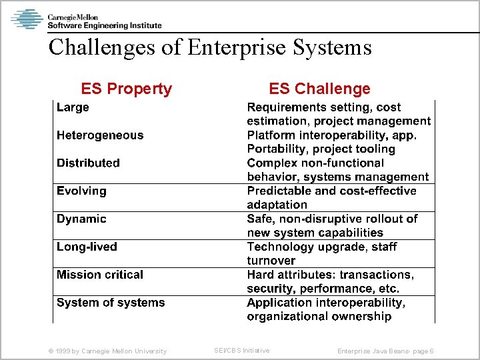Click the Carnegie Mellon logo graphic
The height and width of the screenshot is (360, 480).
tap(27, 19)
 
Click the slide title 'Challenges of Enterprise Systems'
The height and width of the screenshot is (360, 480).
tap(210, 47)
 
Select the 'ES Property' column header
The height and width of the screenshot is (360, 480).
tap(126, 89)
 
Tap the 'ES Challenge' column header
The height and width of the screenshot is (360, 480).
tap(319, 89)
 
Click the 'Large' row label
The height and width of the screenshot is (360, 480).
tap(73, 107)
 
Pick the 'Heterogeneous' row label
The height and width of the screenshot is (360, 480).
tap(100, 135)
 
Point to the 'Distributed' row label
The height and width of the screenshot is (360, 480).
tap(88, 163)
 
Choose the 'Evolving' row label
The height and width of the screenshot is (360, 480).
tap(81, 191)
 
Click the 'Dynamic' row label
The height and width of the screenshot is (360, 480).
tap(81, 219)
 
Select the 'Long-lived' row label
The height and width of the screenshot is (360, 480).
tap(87, 247)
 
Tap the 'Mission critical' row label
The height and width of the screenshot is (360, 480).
tap(100, 275)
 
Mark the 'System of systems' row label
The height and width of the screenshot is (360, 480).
tap(111, 303)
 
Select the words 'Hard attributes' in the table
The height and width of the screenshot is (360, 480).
tap(291, 275)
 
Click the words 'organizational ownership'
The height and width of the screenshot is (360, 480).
tap(319, 317)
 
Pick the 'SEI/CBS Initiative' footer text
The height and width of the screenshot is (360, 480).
tap(241, 350)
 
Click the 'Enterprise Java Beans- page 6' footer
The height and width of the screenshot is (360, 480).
tap(385, 351)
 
